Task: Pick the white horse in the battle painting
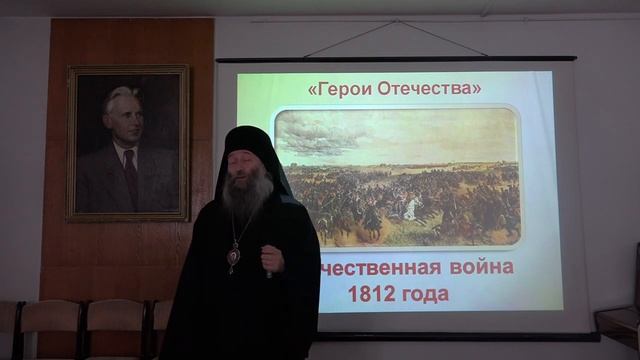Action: [x=411, y=207]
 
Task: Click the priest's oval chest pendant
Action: [x=234, y=256]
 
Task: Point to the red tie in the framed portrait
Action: [x=129, y=175]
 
